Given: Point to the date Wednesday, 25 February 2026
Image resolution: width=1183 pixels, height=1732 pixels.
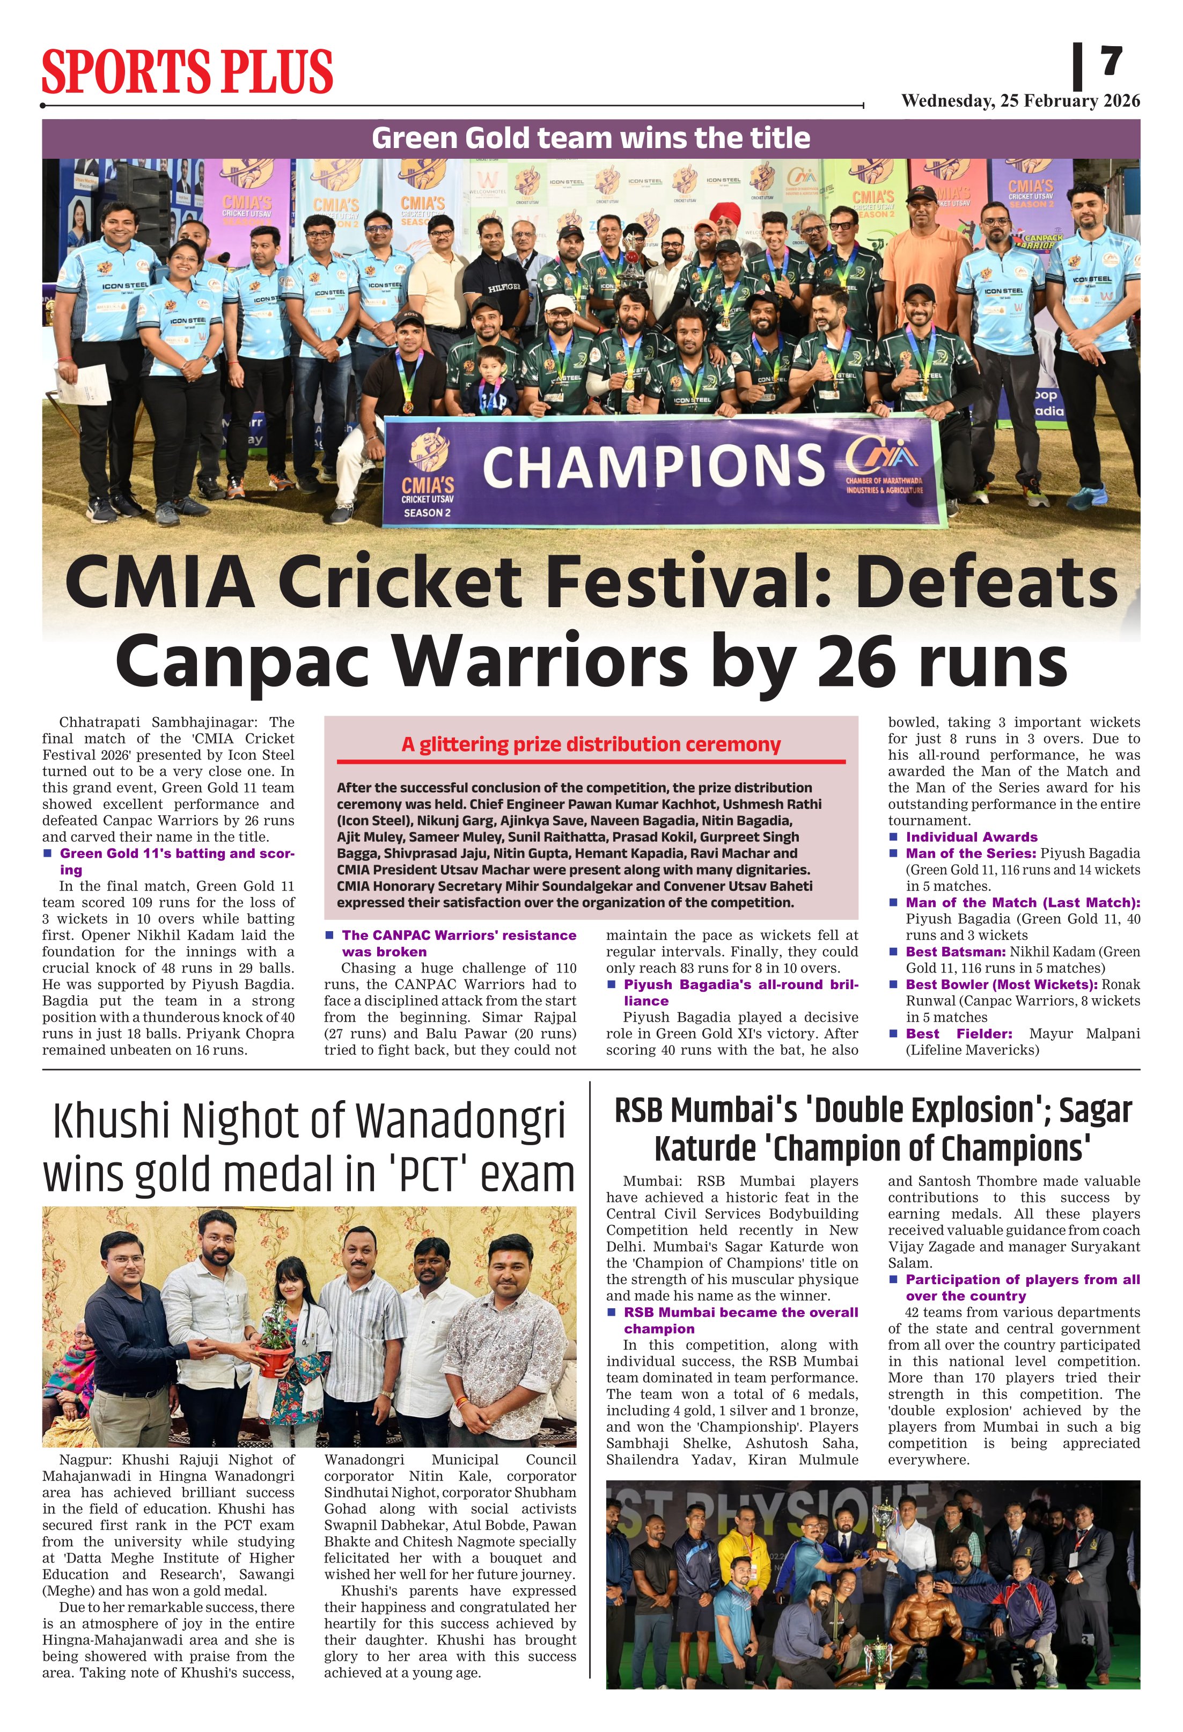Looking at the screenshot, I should pos(1020,101).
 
